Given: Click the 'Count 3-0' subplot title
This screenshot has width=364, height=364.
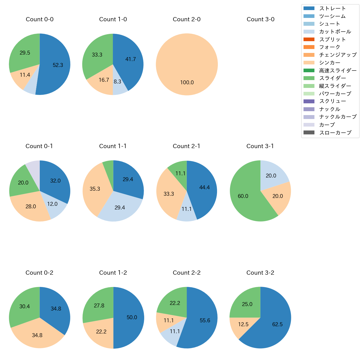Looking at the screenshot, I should (260, 19).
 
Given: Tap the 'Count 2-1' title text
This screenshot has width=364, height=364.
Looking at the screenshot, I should (186, 146).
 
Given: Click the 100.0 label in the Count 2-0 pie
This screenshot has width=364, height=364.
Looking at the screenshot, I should (187, 82).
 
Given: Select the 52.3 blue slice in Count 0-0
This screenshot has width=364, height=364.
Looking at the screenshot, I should (56, 67).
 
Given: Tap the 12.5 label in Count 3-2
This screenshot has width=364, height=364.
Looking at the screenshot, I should (243, 324).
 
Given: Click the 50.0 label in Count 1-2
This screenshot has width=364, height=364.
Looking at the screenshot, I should (132, 317).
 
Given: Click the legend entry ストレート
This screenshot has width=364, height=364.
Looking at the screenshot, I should (332, 8).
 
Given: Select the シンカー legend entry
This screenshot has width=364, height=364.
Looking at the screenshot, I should (330, 63).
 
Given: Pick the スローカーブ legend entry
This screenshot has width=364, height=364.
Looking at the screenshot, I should (335, 133).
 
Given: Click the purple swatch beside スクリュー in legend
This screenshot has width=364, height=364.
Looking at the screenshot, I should (309, 101).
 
